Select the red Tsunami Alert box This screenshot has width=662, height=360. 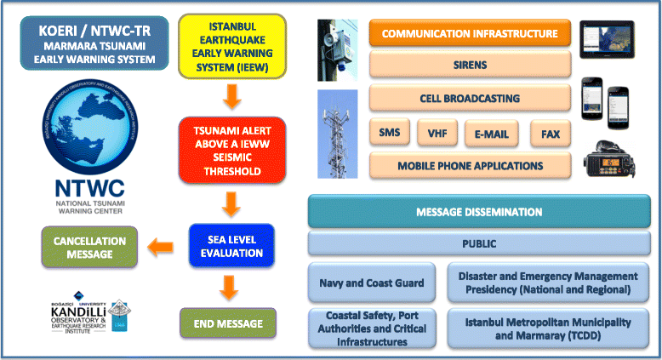pos(227,149)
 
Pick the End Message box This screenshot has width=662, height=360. pos(227,323)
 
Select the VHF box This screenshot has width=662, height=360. pos(437,133)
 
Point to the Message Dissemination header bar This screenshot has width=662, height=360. pos(478,211)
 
